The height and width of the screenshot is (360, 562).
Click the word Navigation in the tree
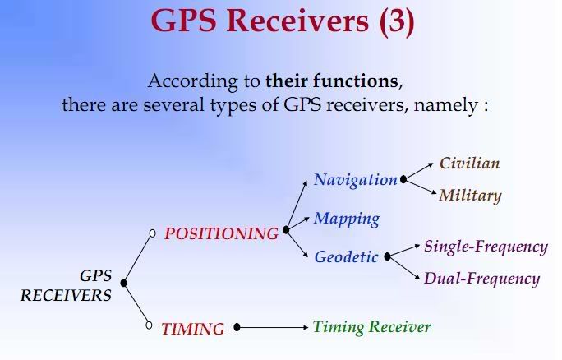point(355,180)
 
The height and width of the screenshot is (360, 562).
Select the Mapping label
point(347,219)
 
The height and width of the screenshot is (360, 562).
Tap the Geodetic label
point(346,256)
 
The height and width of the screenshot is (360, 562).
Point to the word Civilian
point(469,163)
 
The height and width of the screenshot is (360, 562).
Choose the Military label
point(470,196)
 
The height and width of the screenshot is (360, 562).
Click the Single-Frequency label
point(486,247)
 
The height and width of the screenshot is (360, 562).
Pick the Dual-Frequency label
point(481,279)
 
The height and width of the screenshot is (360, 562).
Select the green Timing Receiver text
point(371,327)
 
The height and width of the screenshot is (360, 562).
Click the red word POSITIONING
point(221,233)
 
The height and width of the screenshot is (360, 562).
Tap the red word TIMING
point(193,329)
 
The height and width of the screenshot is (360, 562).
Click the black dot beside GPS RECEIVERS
point(123,283)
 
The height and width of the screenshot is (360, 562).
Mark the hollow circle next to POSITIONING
point(152,233)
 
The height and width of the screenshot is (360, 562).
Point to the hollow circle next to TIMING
point(149,325)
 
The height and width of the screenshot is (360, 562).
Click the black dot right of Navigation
point(403,179)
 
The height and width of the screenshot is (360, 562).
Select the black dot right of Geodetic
point(387,256)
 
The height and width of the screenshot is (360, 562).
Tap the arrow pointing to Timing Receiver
point(273,327)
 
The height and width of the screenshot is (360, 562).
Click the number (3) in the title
point(396,21)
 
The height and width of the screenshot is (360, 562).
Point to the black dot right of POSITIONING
point(286,230)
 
